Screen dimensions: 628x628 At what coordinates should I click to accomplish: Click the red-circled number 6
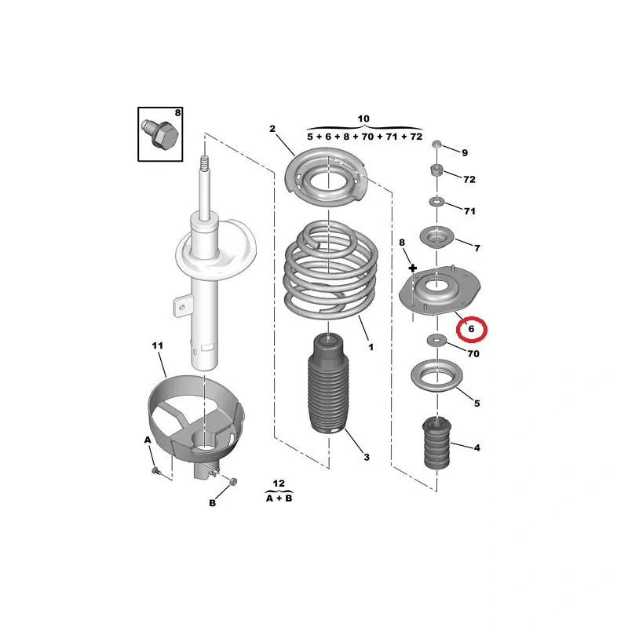point(471,329)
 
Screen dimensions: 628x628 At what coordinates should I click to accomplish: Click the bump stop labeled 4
point(437,443)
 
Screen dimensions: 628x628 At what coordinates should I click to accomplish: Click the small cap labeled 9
point(436,144)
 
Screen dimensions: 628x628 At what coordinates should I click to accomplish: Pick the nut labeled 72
point(436,170)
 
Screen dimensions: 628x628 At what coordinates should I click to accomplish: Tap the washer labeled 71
point(436,201)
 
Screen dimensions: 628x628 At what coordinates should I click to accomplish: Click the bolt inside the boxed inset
point(159,134)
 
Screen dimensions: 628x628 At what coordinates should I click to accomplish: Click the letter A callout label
point(148,440)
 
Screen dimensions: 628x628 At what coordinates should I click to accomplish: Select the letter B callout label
point(212,503)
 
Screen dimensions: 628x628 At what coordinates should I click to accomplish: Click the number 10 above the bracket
point(363,119)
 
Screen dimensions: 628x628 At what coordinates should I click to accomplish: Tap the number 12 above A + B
point(279,484)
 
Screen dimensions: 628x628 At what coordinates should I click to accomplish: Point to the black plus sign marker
point(413,268)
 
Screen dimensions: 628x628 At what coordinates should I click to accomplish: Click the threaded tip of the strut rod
point(204,162)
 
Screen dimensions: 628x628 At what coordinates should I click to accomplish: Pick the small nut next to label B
point(234,480)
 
